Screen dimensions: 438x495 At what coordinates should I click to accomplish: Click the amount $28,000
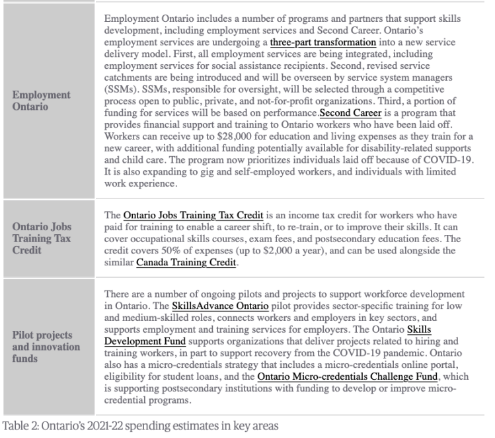[221, 137]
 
